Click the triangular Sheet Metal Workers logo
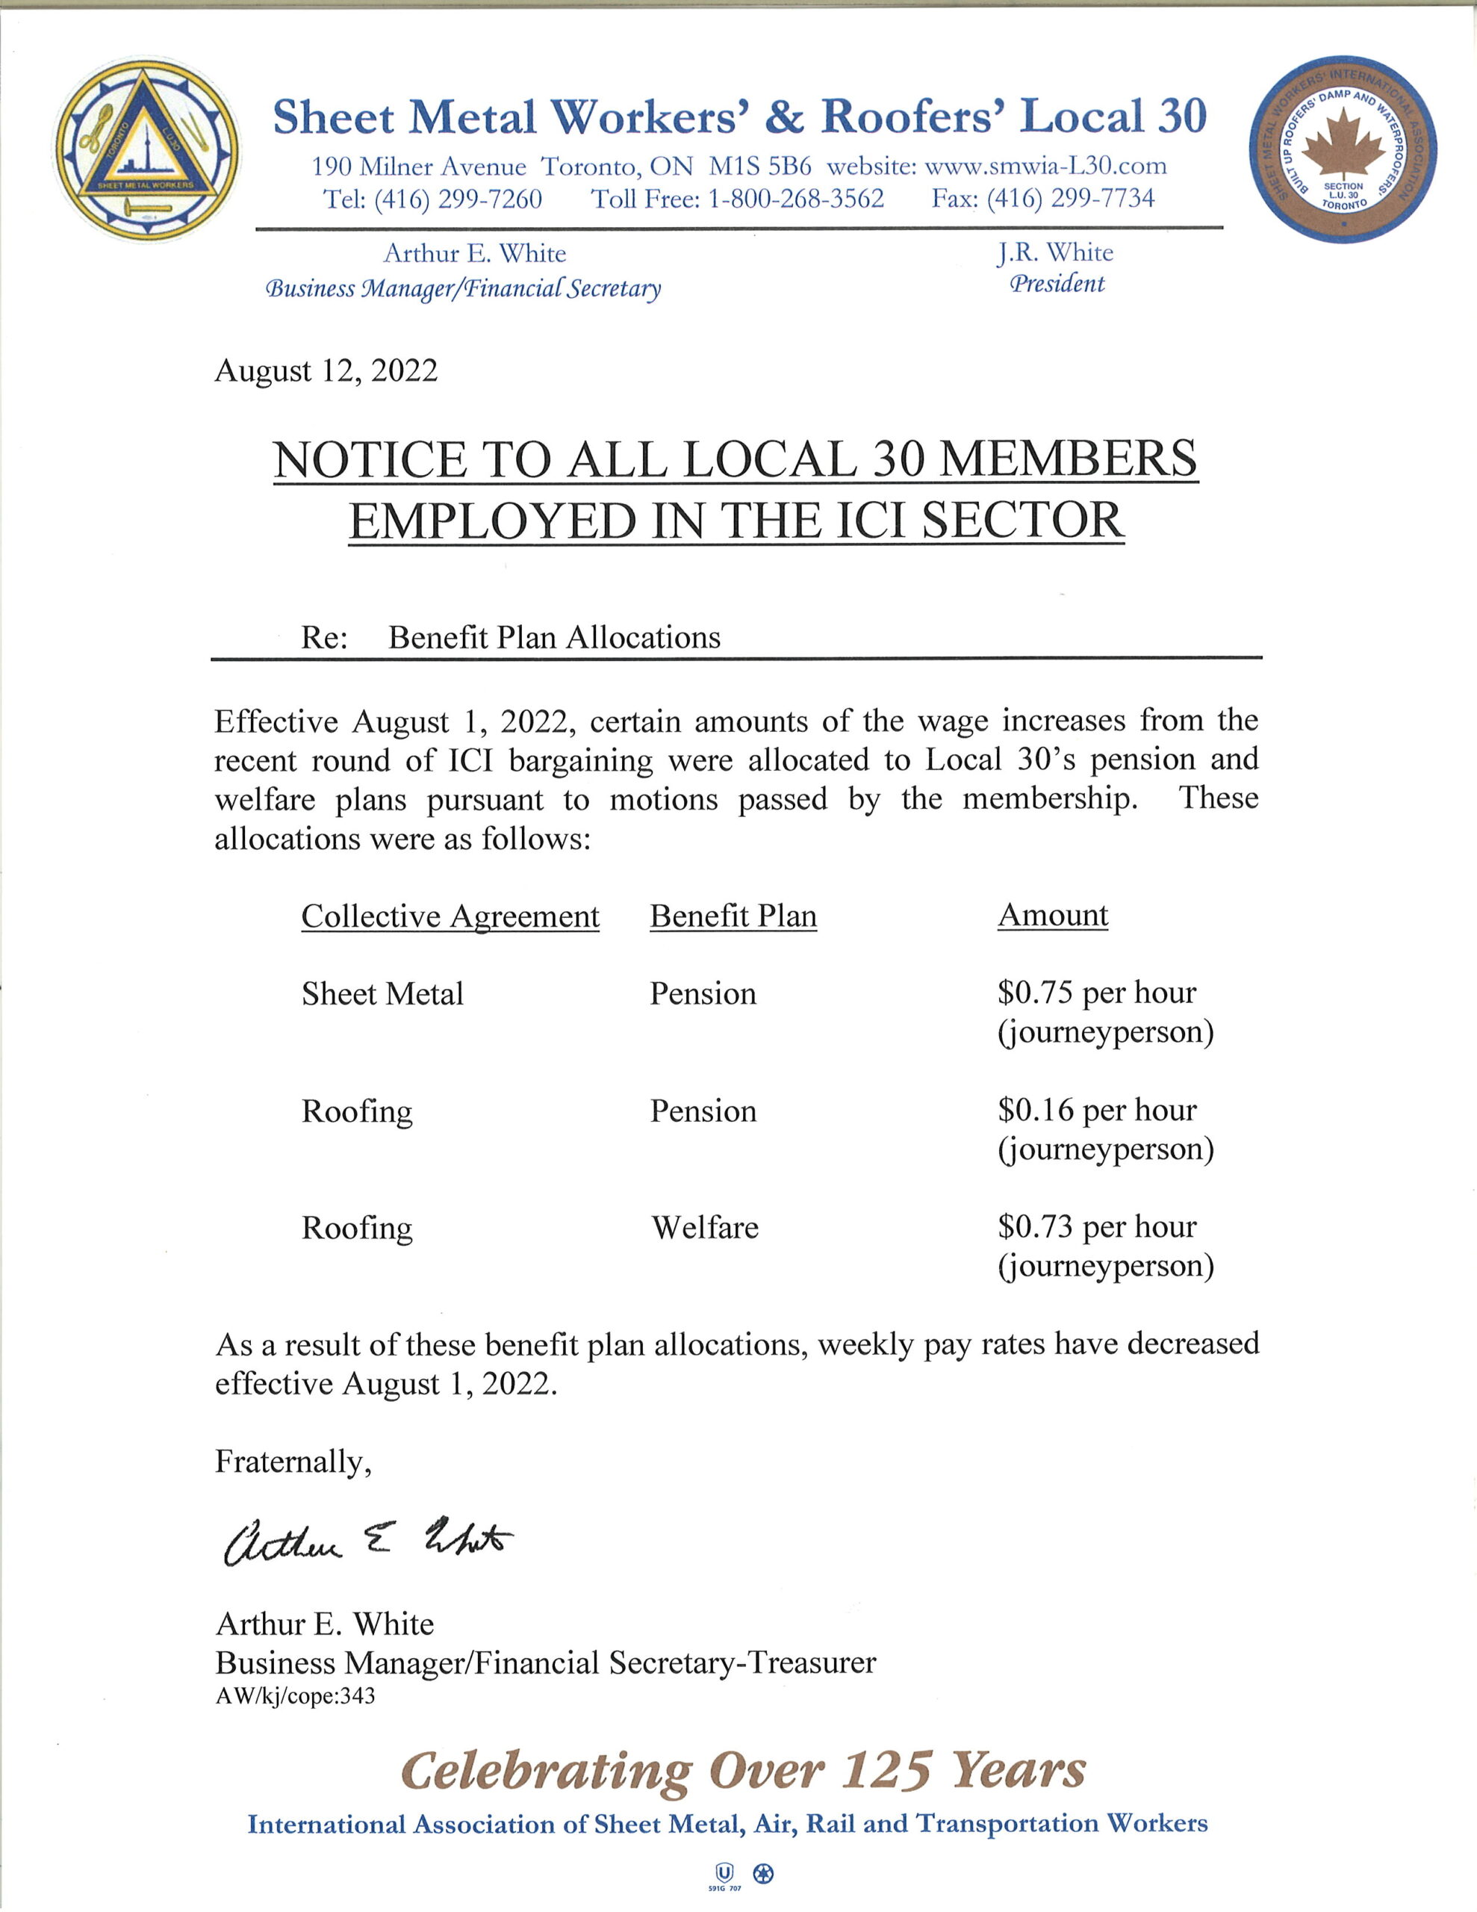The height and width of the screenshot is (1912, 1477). click(146, 149)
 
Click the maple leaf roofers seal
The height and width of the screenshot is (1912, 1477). click(1342, 149)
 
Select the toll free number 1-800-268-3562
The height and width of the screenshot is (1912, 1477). click(795, 199)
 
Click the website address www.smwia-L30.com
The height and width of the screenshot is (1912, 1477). click(1045, 166)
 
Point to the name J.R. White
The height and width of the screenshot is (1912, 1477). click(1055, 253)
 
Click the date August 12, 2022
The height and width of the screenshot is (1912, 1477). click(326, 370)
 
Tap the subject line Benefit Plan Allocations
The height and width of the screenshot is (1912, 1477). click(554, 637)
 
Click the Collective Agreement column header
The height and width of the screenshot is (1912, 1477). click(450, 916)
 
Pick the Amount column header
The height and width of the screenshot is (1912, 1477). click(1052, 915)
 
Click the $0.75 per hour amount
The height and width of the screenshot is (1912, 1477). click(1096, 993)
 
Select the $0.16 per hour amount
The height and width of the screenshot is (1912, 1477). click(1096, 1110)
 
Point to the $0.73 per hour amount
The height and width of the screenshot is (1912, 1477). click(1096, 1226)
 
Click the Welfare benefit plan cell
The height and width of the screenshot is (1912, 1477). click(704, 1227)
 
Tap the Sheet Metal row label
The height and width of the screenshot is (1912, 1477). click(382, 993)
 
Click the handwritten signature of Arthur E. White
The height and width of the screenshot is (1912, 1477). click(367, 1542)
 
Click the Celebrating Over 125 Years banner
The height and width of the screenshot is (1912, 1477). click(742, 1770)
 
